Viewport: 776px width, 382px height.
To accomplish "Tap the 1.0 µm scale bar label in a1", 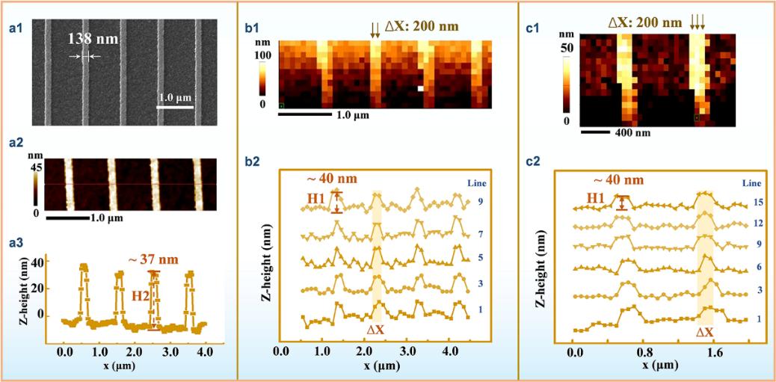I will [176, 98].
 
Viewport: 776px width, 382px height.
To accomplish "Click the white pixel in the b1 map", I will [420, 88].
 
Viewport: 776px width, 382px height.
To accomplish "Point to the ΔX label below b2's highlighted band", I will [378, 329].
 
